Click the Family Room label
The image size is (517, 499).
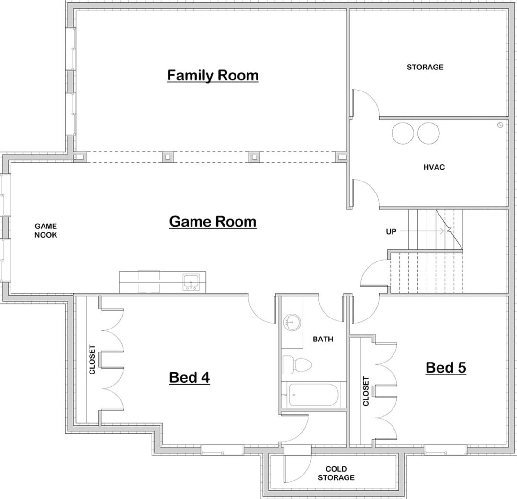pos(213,76)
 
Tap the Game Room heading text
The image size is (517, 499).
pos(213,222)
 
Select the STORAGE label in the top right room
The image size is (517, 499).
pos(425,67)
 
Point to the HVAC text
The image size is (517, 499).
pos(434,167)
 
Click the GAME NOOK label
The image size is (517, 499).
pos(45,230)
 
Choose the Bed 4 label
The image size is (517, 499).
pos(190,378)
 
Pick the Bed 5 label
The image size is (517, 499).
pos(446,368)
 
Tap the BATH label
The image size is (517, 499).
pos(323,340)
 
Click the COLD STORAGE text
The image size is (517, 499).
pos(336,473)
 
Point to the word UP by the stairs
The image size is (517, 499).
pos(391,231)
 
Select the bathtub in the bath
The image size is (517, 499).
pos(313,395)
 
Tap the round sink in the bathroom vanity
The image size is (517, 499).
pos(291,322)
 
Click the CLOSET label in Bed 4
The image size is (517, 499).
pos(92,359)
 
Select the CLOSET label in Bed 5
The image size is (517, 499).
pos(366,391)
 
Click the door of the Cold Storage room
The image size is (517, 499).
pos(285,465)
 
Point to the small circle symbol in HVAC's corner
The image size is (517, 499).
pos(500,125)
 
